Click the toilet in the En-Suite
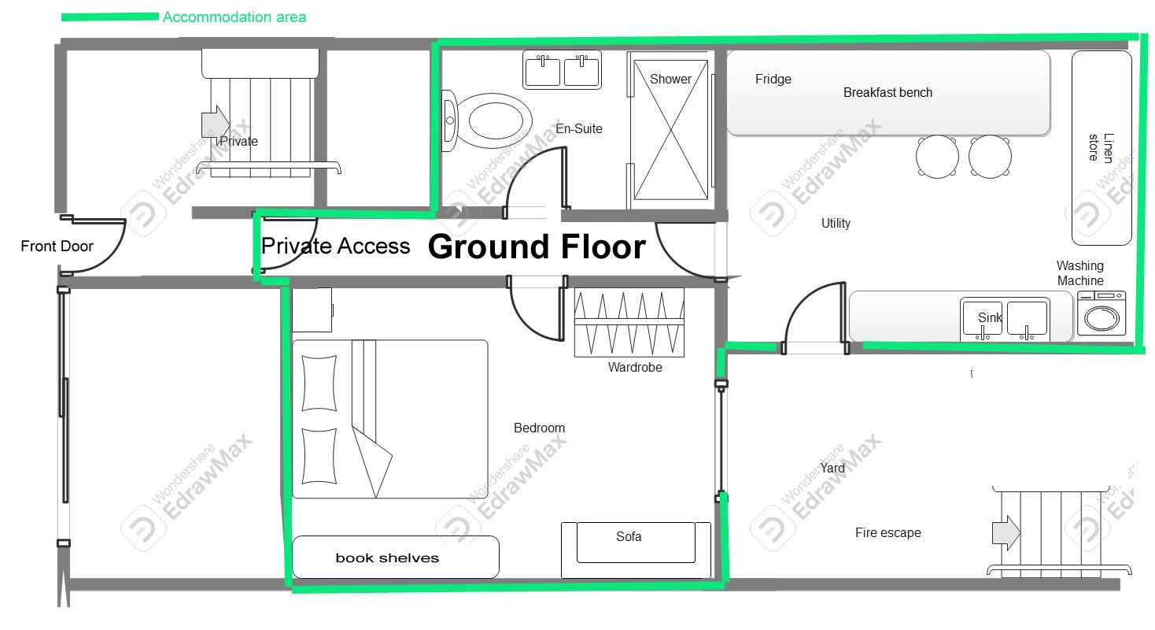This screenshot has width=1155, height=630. pos(487,120)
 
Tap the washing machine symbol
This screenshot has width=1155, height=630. pos(1101,313)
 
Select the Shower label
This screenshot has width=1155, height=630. pos(670,79)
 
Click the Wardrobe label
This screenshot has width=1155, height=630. pos(635,368)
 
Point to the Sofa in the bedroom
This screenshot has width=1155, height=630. pos(636,550)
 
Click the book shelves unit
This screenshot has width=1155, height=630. pos(396,558)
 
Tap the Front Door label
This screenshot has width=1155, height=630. pos(57,246)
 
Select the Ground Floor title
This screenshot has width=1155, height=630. pos(537,246)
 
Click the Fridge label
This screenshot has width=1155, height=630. pos(773,79)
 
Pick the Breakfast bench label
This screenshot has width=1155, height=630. pos(887,92)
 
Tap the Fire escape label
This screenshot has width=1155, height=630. pos(888,532)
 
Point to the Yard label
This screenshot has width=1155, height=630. pos(832,468)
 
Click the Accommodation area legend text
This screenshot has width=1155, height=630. pos(234,17)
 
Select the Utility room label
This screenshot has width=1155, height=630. pos(836,223)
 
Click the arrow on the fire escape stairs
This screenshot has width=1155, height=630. pos(1006,532)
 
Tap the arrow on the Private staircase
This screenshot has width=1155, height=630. pos(215,124)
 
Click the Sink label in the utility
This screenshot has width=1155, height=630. pos(990,317)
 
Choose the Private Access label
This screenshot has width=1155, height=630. pos(336,246)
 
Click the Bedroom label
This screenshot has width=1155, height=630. pos(539,428)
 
